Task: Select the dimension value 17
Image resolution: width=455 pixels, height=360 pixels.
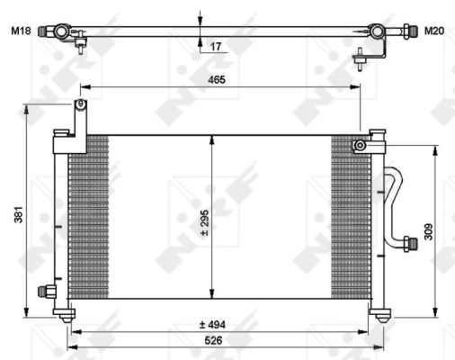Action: pyautogui.click(x=216, y=46)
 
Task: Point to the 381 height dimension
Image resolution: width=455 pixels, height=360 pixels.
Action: pyautogui.click(x=17, y=216)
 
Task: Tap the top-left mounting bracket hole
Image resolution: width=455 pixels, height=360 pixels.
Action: pyautogui.click(x=79, y=106)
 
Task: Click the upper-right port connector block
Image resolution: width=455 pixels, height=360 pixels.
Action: pyautogui.click(x=362, y=144)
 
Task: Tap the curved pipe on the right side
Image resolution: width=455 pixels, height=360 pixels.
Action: pyautogui.click(x=393, y=198)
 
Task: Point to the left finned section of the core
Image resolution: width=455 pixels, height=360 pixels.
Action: pyautogui.click(x=88, y=216)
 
